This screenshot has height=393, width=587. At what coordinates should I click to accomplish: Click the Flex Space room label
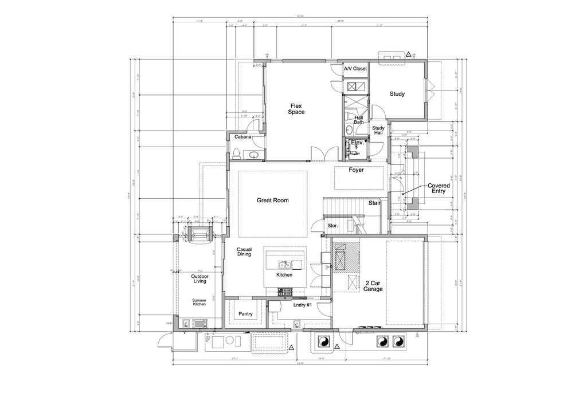pos(296,109)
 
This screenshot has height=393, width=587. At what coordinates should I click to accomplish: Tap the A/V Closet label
pos(355,69)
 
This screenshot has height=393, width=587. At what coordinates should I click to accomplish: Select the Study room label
pos(397,94)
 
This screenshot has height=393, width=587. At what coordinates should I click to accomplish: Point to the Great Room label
pos(272,201)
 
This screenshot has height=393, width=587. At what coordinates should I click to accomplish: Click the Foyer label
pos(357,170)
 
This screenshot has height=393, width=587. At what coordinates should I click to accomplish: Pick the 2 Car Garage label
pos(373,286)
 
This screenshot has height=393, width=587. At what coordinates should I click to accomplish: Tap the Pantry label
pos(245,314)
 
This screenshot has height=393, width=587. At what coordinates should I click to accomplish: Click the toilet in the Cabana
pos(236,152)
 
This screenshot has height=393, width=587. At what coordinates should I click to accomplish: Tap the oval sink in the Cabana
pos(253,155)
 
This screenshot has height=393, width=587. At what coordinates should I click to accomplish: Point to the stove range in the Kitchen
pos(285,292)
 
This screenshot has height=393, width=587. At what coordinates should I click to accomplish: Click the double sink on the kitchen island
pos(285,264)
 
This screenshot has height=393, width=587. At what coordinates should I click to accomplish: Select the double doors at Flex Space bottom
pos(320,154)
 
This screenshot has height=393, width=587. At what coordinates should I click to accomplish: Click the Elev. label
pos(358,142)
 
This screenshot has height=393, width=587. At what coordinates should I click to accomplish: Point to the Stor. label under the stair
pos(332,226)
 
